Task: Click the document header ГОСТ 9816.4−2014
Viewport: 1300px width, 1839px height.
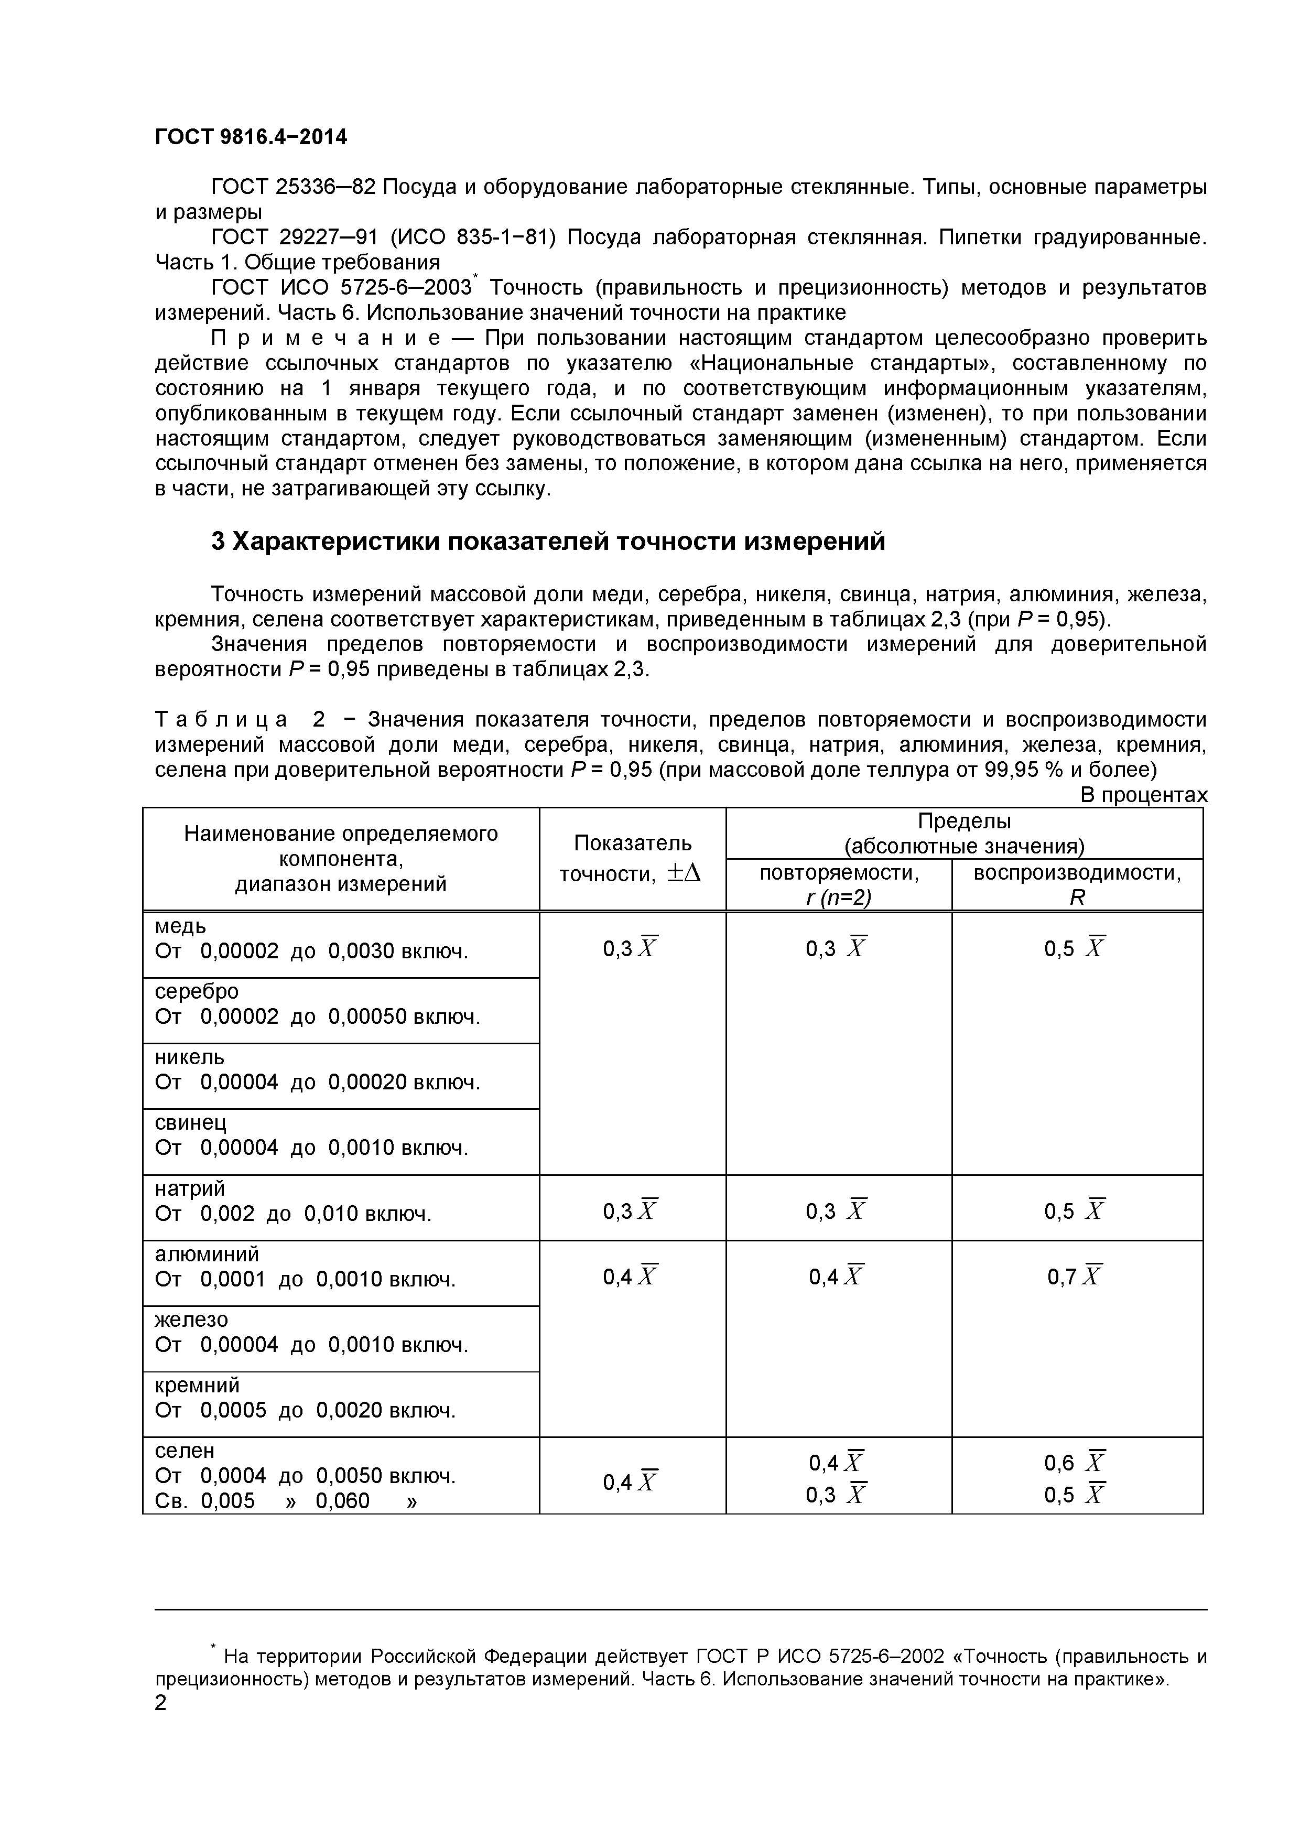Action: coord(251,137)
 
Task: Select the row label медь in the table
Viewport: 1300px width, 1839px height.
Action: coord(180,927)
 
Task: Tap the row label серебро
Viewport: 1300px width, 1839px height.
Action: coord(196,992)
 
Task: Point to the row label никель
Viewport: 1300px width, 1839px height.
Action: coord(189,1057)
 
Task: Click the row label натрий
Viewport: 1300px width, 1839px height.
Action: coord(189,1188)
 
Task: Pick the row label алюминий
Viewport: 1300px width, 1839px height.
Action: coord(207,1254)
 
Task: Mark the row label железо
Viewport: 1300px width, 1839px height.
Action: coord(191,1320)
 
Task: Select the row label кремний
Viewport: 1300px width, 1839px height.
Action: coord(196,1386)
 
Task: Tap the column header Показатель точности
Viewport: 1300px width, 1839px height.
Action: coord(632,858)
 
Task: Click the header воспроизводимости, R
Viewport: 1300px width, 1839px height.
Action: coord(1077,884)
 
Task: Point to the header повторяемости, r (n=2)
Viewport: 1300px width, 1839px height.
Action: coord(839,884)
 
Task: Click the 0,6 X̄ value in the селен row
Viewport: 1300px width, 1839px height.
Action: coord(1074,1463)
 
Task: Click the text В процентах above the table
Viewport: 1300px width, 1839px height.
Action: coord(1144,795)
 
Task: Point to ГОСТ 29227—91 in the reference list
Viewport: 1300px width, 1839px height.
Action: coord(294,237)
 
